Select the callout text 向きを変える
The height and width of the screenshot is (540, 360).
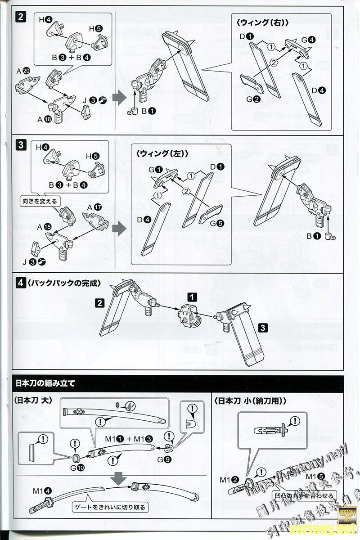point(40,201)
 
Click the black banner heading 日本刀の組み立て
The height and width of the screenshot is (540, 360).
point(45,383)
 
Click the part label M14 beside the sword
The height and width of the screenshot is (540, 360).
point(42,491)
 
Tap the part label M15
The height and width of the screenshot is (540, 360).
point(315,476)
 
